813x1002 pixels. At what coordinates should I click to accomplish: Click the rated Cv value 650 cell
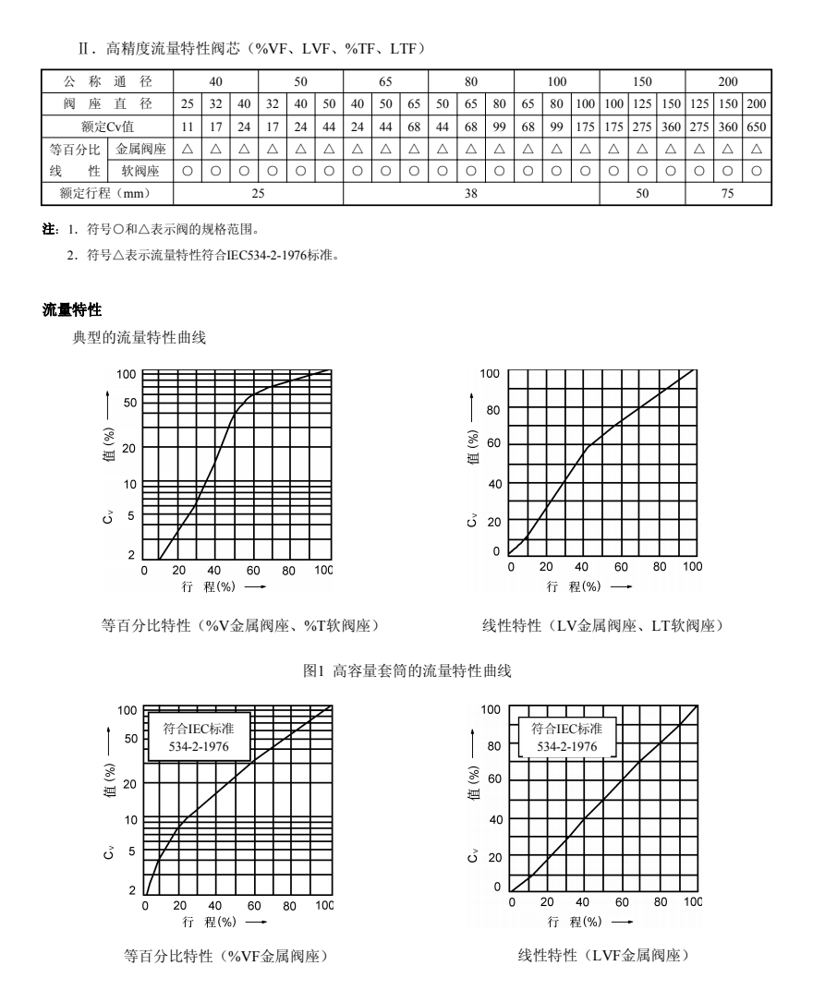[756, 126]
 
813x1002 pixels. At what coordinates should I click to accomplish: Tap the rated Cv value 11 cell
[187, 126]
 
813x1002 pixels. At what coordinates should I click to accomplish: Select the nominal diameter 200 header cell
[728, 81]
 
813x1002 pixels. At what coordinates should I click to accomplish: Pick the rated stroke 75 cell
[728, 193]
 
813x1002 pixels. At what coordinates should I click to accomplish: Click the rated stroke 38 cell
[471, 193]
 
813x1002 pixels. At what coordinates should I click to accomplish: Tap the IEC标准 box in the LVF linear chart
[567, 737]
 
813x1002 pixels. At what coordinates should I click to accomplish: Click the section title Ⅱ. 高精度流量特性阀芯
[250, 45]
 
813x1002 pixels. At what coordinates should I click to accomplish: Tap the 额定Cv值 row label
[107, 126]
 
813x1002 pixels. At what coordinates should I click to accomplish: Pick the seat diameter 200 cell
[756, 103]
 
